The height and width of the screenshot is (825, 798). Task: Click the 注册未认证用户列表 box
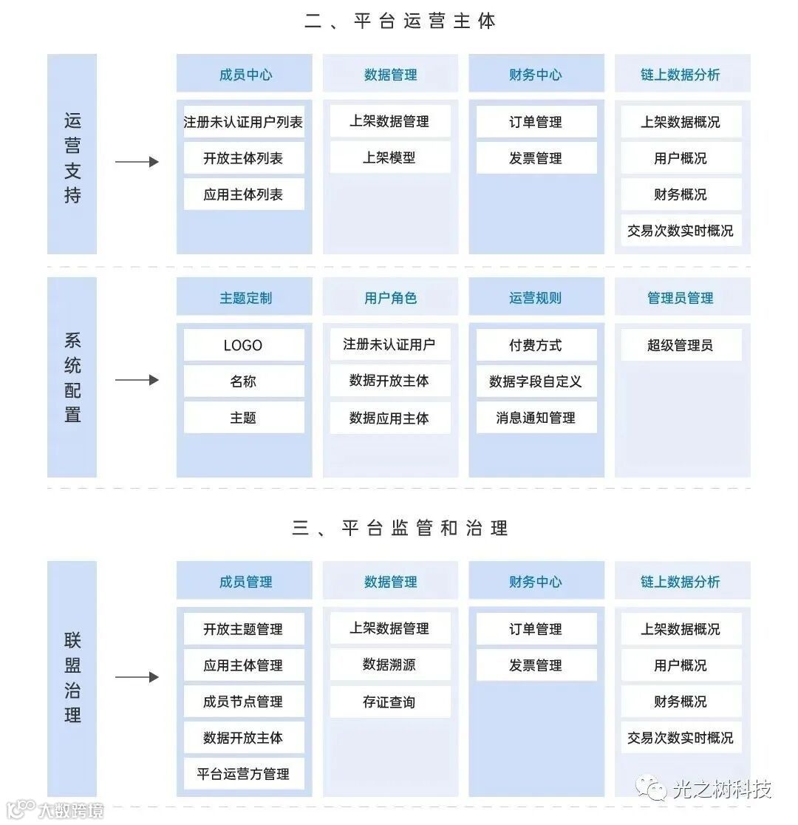tap(243, 122)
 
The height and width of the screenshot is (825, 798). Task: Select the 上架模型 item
tap(389, 157)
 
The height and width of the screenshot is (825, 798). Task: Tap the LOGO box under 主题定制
tap(243, 345)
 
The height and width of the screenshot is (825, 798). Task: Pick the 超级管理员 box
tap(681, 345)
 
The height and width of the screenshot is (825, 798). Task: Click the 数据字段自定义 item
tap(536, 381)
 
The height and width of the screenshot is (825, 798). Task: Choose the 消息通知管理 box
tap(536, 418)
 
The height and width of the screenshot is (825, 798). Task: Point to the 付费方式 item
tap(536, 345)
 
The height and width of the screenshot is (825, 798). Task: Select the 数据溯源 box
tap(389, 665)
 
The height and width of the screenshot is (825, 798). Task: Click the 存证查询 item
tap(389, 702)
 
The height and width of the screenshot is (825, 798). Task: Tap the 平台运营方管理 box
tap(243, 774)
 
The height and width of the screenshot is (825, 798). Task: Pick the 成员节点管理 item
tap(243, 702)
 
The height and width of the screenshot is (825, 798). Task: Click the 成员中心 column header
tap(245, 75)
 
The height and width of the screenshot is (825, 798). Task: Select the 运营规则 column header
tap(536, 298)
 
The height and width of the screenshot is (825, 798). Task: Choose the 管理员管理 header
tap(681, 298)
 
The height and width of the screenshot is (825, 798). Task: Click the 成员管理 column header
tap(245, 582)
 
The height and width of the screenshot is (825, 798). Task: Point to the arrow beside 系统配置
tap(137, 380)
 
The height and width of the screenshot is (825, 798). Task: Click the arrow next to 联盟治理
tap(137, 677)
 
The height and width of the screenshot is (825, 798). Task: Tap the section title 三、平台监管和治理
tap(400, 528)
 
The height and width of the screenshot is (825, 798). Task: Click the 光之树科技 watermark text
tap(722, 789)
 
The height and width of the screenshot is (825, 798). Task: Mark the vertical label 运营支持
tap(72, 158)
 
